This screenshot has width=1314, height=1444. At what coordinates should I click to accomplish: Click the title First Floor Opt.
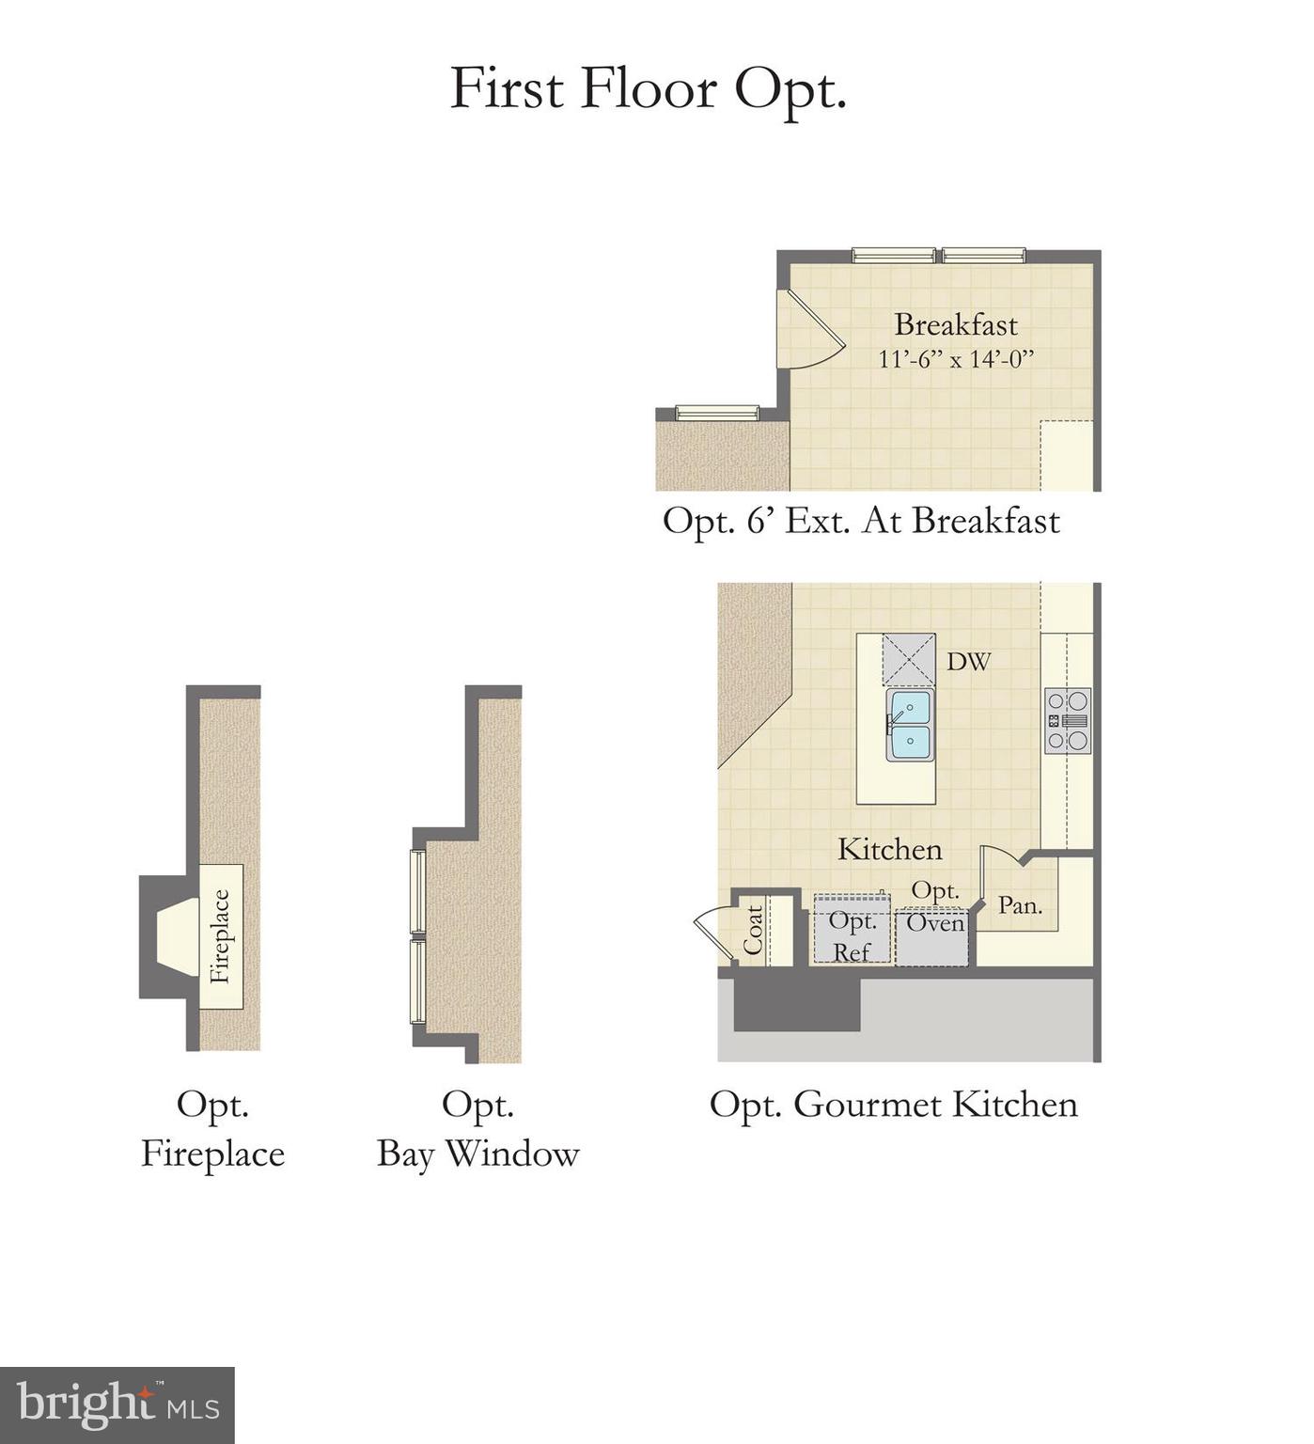click(x=649, y=89)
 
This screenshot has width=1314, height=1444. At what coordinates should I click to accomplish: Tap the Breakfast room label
click(x=955, y=324)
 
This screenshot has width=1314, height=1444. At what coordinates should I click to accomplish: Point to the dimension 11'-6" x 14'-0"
click(x=955, y=359)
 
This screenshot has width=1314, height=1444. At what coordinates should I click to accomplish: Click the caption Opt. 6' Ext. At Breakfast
click(x=861, y=521)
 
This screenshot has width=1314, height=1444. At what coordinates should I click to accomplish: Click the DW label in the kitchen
click(x=968, y=662)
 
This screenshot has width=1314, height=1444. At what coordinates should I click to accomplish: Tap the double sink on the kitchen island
click(x=910, y=725)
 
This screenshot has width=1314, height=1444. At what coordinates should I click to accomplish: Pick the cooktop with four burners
click(x=1068, y=721)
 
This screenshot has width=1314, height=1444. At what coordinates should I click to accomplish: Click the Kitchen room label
click(x=889, y=850)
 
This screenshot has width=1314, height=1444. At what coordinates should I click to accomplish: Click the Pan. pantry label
click(x=1020, y=905)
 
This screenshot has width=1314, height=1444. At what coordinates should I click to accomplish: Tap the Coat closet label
click(x=754, y=930)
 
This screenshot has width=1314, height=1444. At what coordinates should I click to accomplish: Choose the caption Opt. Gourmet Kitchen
click(x=893, y=1105)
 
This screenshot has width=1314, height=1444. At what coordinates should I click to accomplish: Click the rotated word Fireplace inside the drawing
click(x=220, y=936)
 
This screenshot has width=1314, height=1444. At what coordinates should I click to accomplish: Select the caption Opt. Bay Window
click(x=477, y=1129)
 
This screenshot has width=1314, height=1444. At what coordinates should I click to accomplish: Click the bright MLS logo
click(x=117, y=1405)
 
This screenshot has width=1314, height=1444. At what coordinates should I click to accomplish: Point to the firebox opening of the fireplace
click(x=178, y=936)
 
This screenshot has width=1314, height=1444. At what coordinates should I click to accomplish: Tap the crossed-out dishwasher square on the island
click(x=908, y=659)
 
